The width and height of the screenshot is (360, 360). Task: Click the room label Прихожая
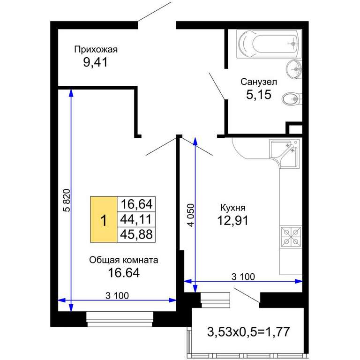pos(96,49)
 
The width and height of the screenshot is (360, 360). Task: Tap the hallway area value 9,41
pos(95,62)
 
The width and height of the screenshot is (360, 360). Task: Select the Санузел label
pos(259,82)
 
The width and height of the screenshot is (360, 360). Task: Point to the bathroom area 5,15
pos(259,95)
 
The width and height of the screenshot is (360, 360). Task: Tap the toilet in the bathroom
pos(291,99)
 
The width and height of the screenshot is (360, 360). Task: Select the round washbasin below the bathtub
pos(293,69)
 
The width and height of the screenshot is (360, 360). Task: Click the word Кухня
pos(233,208)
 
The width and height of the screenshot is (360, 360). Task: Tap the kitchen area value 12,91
pos(233,221)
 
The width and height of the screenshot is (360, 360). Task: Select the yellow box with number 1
pos(104,219)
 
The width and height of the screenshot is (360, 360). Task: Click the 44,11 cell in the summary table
pos(136,219)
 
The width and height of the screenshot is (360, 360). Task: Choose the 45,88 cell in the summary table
pos(136,235)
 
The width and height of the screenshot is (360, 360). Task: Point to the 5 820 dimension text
pos(66,200)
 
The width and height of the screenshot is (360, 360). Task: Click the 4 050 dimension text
pos(191,215)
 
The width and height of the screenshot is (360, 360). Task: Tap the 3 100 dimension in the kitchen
pos(243,277)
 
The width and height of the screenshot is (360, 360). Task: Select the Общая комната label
pos(124,260)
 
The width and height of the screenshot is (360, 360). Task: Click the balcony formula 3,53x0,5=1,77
pos(248,332)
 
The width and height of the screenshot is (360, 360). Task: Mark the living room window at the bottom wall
pos(120,319)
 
